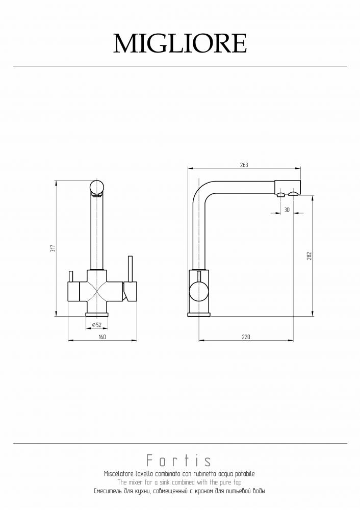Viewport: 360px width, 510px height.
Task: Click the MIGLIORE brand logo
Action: (x=180, y=43)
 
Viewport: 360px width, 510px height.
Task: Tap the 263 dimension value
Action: (x=244, y=165)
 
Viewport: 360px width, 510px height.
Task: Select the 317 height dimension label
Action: (x=54, y=248)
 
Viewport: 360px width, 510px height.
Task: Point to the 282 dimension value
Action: (x=309, y=256)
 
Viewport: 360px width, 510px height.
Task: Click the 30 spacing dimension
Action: (x=287, y=210)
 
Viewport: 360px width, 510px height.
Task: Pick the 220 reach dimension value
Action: (x=246, y=337)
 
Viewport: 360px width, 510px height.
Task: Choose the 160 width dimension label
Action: (x=102, y=337)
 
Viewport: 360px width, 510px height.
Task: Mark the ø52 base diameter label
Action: (x=96, y=324)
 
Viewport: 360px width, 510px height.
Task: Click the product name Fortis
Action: (x=178, y=461)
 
